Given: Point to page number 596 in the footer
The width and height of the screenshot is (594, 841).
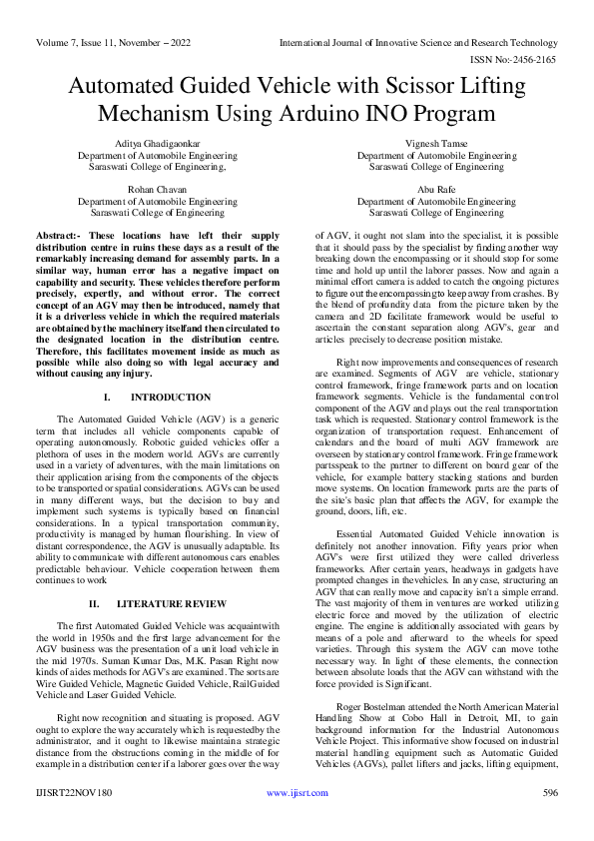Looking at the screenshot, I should (x=549, y=821).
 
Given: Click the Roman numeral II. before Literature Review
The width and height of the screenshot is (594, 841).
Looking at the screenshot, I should (x=95, y=604).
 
